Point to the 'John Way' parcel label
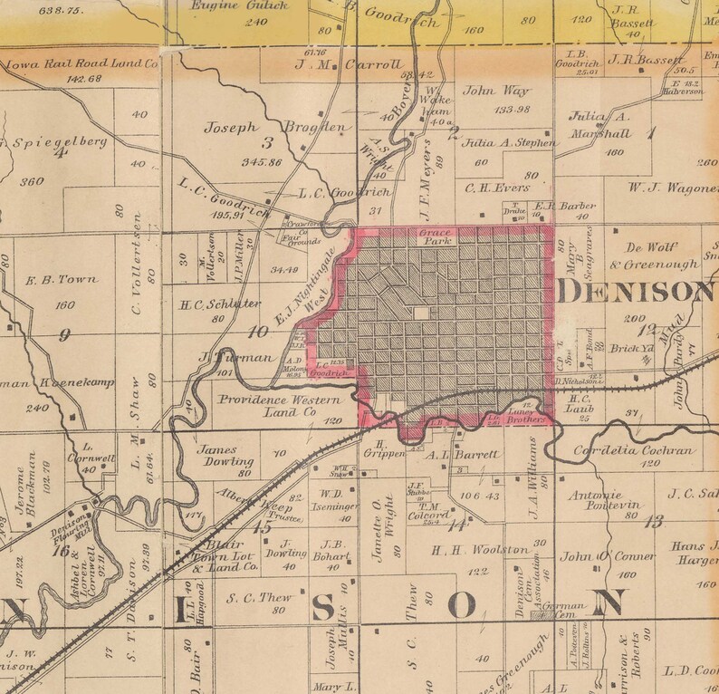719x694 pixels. click(495, 91)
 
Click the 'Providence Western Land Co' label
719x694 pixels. click(278, 405)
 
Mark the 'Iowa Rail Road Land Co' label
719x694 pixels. click(81, 65)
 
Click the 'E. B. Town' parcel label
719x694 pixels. click(65, 280)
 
